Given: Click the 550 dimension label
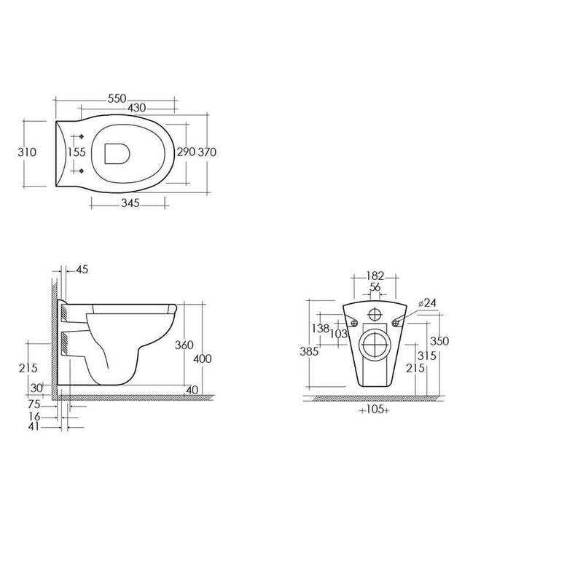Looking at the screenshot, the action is click(x=117, y=98).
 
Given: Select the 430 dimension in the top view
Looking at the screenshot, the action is click(x=137, y=108).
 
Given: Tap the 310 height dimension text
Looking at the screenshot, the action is click(x=27, y=152).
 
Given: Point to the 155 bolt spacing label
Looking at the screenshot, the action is click(x=77, y=152).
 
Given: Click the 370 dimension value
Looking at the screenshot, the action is click(x=207, y=152).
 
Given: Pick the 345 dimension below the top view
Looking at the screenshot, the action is click(x=130, y=203).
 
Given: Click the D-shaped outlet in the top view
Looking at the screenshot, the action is click(x=117, y=154).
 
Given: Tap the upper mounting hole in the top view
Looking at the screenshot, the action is click(x=82, y=136).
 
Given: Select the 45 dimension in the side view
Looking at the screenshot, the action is click(x=82, y=270).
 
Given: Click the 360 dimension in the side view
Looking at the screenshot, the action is click(x=184, y=345).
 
